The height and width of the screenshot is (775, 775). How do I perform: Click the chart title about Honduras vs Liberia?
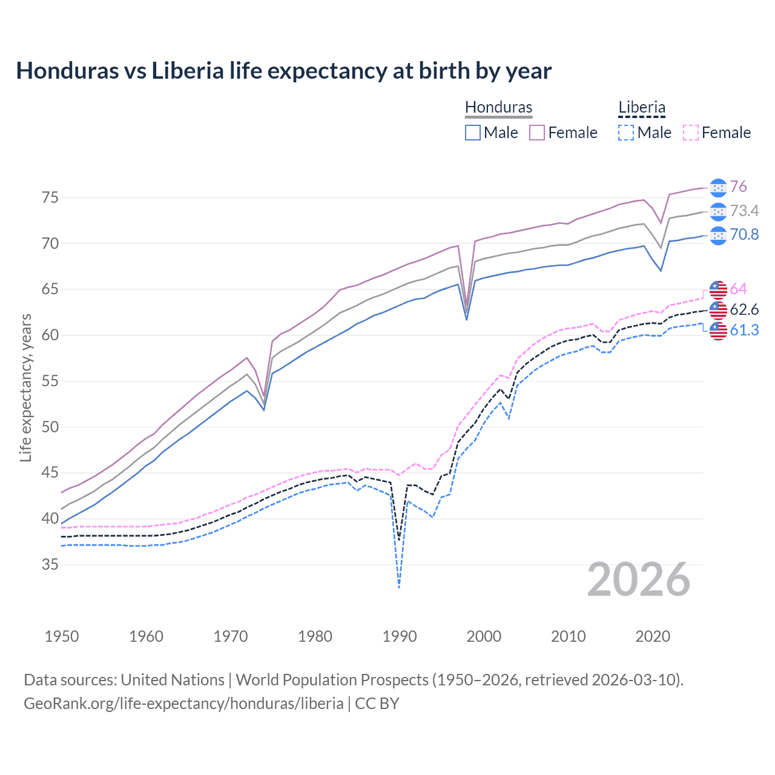pos(283,71)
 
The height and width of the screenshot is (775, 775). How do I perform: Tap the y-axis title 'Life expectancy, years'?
pos(25,387)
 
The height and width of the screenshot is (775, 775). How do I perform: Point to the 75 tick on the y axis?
pos(50,198)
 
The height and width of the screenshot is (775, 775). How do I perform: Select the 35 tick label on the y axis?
pos(50,565)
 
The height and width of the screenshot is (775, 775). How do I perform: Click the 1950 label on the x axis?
pos(62,636)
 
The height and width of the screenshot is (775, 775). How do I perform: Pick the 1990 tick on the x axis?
pos(400,636)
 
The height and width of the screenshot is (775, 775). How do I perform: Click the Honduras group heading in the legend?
pos(498,107)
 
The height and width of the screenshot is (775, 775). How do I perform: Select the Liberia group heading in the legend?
pos(642,107)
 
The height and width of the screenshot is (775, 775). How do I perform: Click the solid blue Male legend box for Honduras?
pos(473,133)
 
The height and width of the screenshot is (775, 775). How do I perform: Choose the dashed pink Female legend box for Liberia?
pos(691,133)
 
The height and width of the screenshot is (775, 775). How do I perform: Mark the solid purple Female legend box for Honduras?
pos(537,133)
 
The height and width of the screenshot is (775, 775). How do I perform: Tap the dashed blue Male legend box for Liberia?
pos(626,133)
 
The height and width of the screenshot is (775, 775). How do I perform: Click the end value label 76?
pos(738,187)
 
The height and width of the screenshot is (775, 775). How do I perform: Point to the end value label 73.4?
pos(744,211)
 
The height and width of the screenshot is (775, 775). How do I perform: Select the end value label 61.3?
pos(744,330)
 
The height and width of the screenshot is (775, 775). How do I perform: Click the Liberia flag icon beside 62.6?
pos(718,310)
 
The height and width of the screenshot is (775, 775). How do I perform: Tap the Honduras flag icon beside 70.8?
pos(718,236)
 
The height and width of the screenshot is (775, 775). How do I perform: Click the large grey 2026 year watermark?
pos(639,580)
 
